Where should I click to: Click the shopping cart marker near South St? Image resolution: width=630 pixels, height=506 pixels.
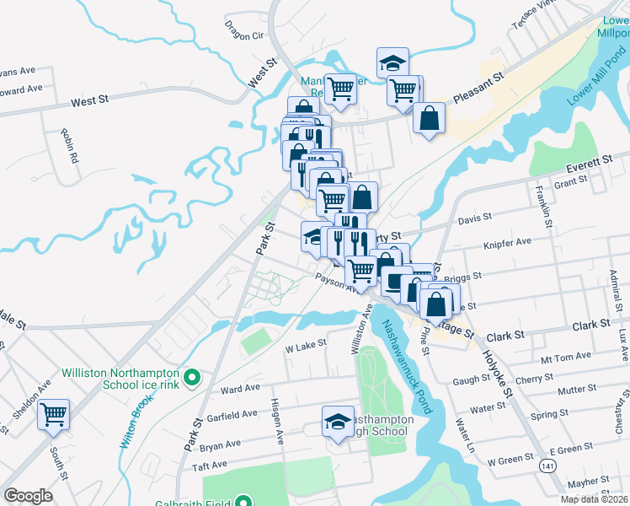(54, 414)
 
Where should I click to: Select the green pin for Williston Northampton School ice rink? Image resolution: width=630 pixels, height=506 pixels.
(192, 378)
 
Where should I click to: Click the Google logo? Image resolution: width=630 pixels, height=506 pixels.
(28, 496)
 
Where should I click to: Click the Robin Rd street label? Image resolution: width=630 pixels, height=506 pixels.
(69, 145)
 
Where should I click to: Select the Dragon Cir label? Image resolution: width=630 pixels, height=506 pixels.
(244, 35)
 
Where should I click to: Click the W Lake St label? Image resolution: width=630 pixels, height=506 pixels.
(305, 346)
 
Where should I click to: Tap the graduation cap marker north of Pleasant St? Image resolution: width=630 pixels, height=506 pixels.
(392, 62)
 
